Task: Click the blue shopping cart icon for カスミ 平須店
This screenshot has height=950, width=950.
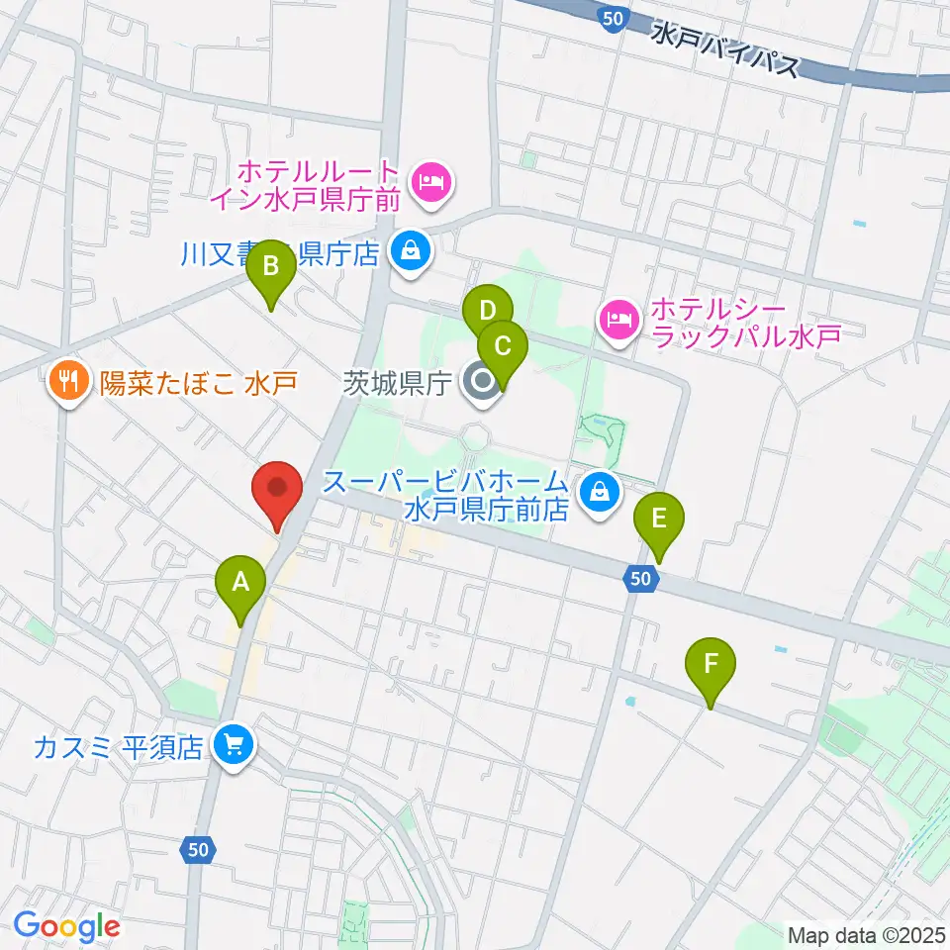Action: [x=234, y=744]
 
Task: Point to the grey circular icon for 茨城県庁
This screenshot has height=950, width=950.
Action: [x=483, y=381]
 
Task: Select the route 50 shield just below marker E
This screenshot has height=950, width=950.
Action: [x=641, y=579]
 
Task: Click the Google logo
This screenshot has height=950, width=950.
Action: [x=67, y=926]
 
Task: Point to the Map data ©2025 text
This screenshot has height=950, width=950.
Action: [x=865, y=933]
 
